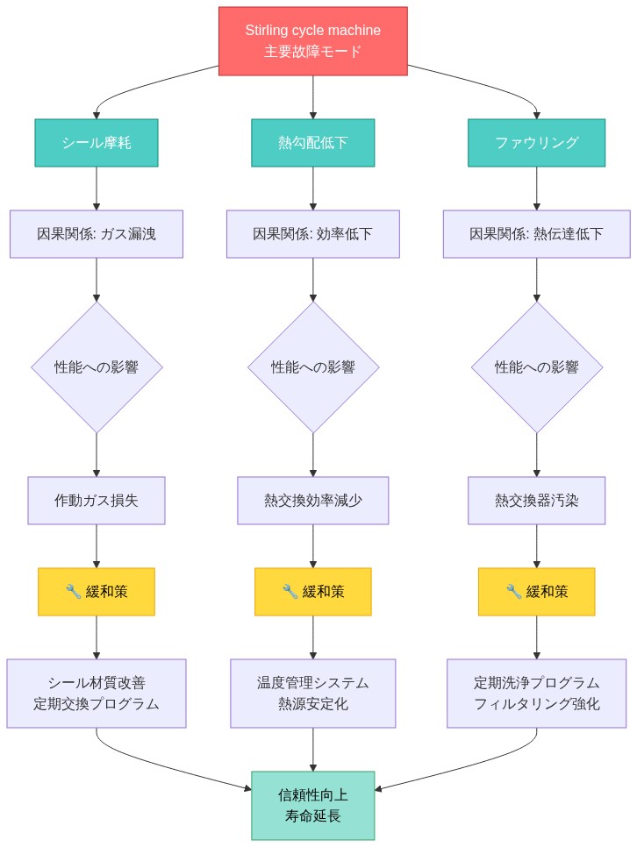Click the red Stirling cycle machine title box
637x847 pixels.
point(312,41)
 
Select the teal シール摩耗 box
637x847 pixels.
point(97,142)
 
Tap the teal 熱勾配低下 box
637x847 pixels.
point(312,142)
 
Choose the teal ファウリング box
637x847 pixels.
point(537,142)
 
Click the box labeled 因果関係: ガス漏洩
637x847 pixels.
point(97,234)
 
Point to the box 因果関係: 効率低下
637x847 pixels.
point(312,234)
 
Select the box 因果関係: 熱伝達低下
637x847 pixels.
point(537,234)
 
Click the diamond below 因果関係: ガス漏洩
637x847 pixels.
point(97,367)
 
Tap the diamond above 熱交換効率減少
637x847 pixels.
point(312,367)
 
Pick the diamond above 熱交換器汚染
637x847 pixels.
point(537,367)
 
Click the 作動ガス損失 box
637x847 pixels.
point(97,501)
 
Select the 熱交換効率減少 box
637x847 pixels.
point(312,501)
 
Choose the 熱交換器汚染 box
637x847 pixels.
point(537,501)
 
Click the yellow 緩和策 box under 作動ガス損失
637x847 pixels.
point(97,592)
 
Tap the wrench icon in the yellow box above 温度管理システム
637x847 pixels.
point(290,592)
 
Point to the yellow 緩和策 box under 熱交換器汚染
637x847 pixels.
point(537,592)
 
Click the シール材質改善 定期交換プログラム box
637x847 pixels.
point(97,694)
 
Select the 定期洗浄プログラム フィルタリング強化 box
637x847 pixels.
point(537,694)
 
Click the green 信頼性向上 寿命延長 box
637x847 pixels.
point(312,805)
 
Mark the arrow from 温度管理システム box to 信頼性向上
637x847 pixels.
point(312,750)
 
